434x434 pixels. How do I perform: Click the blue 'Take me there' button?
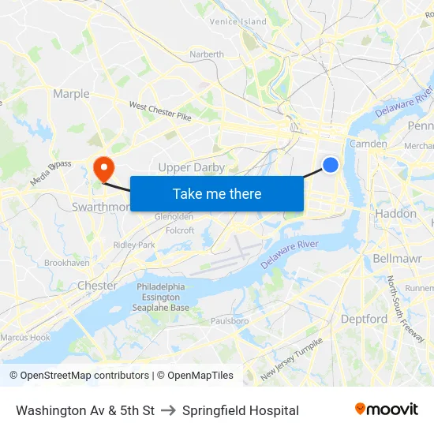(x=217, y=193)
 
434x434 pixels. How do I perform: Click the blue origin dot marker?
(x=331, y=164)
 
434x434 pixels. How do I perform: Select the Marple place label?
(x=71, y=94)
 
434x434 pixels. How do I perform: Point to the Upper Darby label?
(x=192, y=167)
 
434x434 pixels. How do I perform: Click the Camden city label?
(x=368, y=144)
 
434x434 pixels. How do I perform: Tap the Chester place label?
(x=98, y=285)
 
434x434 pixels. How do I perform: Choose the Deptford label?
(x=364, y=319)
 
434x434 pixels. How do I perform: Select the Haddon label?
(x=396, y=213)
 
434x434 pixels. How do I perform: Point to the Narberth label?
(x=207, y=54)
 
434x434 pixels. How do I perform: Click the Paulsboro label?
(x=230, y=321)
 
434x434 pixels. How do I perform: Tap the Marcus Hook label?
(x=25, y=337)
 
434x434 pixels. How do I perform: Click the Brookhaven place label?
(x=67, y=263)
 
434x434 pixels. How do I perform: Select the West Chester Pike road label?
(x=160, y=111)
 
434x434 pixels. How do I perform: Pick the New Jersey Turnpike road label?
(x=292, y=359)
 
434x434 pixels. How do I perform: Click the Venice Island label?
(x=238, y=21)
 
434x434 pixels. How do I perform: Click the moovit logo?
(x=386, y=410)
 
